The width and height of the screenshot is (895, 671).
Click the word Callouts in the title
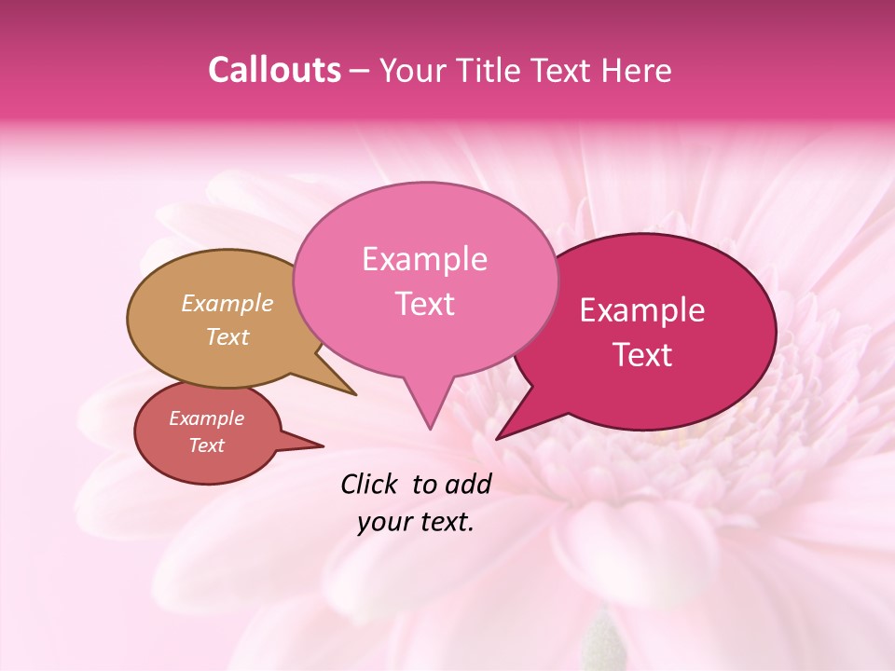coord(274,71)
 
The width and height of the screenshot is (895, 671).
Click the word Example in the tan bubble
coord(227,303)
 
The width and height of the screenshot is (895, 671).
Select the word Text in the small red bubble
coord(207,445)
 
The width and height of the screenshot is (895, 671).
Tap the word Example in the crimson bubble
coord(642,310)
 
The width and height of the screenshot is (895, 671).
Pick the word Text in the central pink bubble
coord(425,304)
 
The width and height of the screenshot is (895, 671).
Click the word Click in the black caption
coord(369,484)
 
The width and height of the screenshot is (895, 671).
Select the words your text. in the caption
coord(416,522)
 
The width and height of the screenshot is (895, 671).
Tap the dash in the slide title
coord(360,71)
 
